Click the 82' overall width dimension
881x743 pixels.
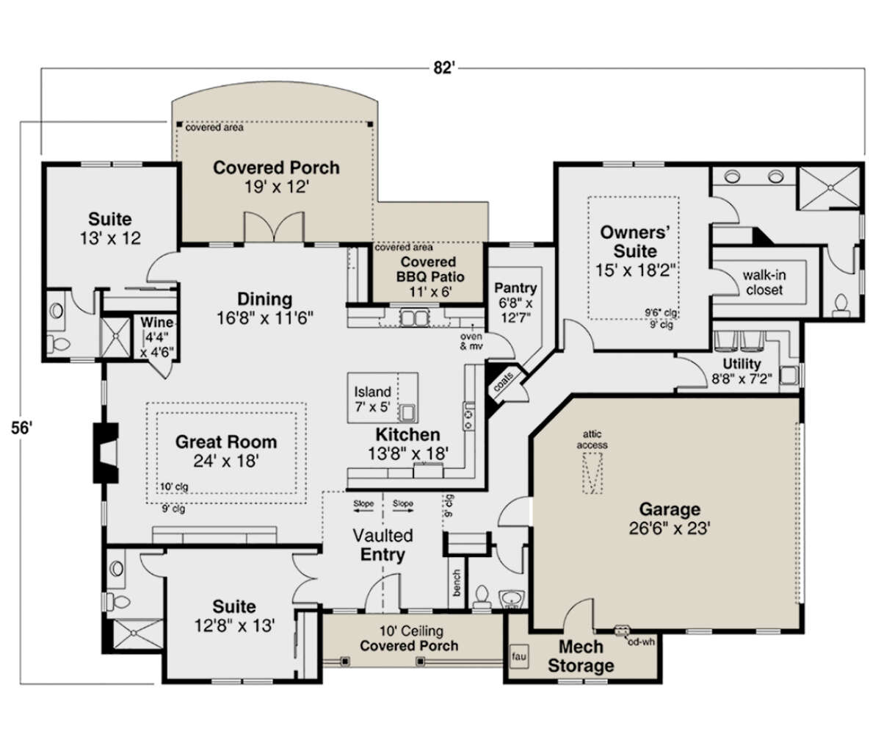click(444, 68)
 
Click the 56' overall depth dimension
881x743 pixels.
click(21, 428)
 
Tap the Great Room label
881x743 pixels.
click(226, 442)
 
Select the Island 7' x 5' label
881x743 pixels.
click(372, 399)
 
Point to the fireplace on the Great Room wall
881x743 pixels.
click(105, 453)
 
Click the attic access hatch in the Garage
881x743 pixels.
click(592, 473)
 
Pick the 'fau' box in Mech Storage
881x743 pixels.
click(518, 656)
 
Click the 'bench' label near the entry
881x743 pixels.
click(457, 583)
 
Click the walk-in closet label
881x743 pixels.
click(764, 283)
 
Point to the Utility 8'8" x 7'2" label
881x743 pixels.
click(742, 371)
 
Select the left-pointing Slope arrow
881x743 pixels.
click(363, 511)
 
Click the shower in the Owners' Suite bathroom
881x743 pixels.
click(830, 187)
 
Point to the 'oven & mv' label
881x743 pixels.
click(471, 341)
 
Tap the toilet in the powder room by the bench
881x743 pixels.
click(482, 597)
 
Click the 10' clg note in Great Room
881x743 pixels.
click(174, 487)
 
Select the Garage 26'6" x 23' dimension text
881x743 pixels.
click(670, 528)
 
